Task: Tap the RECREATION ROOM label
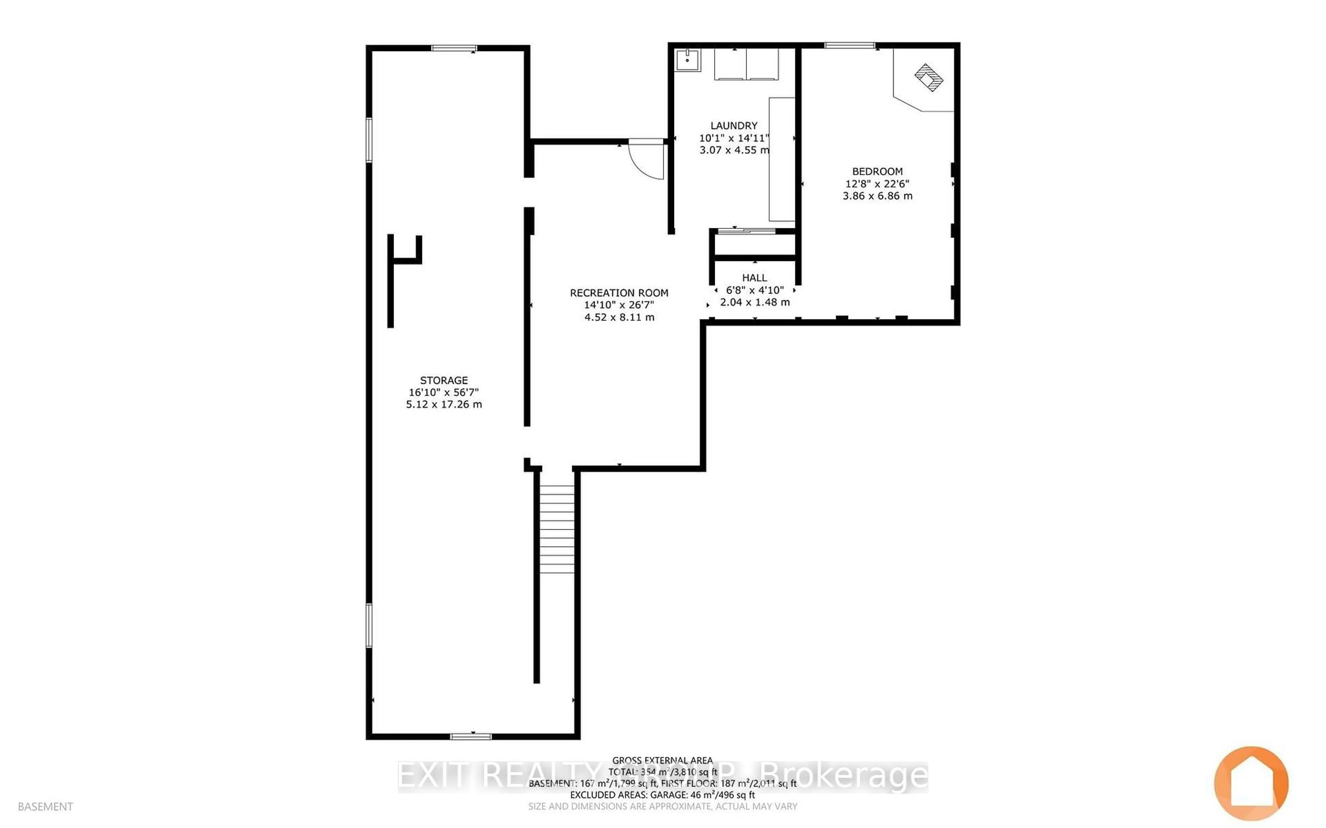point(619,293)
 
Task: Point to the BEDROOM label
point(877,171)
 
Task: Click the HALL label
point(755,278)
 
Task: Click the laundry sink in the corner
point(687,60)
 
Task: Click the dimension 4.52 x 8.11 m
point(619,317)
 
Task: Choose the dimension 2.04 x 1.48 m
point(755,302)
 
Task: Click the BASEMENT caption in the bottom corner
point(46,807)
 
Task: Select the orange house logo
point(1251,783)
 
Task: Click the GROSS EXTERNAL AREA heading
point(662,760)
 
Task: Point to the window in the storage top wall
point(454,48)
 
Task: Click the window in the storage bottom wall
point(470,736)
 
